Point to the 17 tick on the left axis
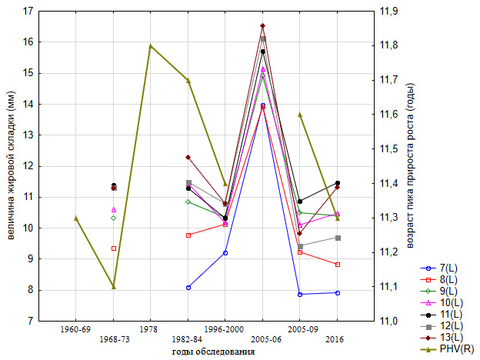[x=28, y=12]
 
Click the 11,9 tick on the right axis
[x=387, y=12]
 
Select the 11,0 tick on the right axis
[x=387, y=321]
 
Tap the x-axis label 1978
[x=151, y=329]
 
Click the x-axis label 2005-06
[x=262, y=339]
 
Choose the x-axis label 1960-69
[x=75, y=329]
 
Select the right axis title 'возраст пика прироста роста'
[x=411, y=165]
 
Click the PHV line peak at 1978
[x=151, y=45]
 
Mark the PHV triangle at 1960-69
[x=75, y=218]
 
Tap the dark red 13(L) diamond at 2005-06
[x=262, y=26]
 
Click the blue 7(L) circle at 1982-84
[x=188, y=288]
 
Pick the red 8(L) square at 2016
[x=337, y=265]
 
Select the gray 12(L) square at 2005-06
[x=262, y=38]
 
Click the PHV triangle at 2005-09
[x=300, y=115]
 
